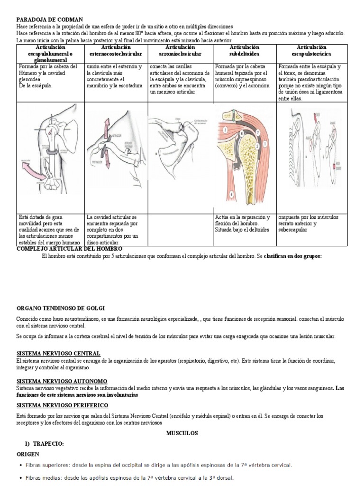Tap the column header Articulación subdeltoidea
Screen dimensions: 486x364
[x=244, y=51]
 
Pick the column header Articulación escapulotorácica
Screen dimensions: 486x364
[x=311, y=51]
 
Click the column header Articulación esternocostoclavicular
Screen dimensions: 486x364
[x=115, y=51]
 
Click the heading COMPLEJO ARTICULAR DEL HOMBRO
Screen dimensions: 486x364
[x=69, y=249]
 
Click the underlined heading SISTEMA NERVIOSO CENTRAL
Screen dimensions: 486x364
[x=58, y=354]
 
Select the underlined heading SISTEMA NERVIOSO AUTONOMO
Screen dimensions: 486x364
[x=62, y=381]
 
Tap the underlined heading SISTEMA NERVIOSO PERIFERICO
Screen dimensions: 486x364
[x=63, y=405]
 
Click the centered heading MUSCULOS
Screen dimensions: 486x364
[x=182, y=433]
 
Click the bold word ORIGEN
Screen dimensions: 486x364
[x=28, y=454]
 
